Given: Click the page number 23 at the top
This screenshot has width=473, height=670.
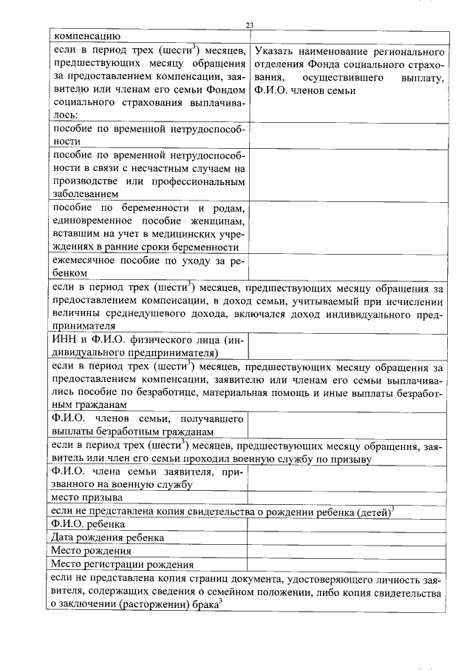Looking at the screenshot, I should (250, 27).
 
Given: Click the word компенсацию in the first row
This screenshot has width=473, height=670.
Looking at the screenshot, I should (83, 36).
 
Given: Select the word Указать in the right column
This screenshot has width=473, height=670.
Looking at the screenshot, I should (275, 53).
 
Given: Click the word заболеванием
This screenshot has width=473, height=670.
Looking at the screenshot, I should (87, 194).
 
